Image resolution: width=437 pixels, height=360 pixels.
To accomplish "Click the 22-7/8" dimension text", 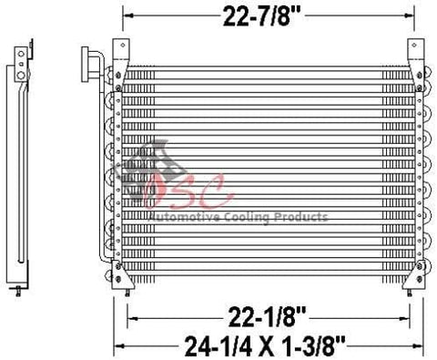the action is [x=261, y=16].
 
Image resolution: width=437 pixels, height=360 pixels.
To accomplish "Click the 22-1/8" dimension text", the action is [x=267, y=317].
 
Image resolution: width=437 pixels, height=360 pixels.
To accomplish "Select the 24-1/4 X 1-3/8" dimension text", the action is [x=265, y=346].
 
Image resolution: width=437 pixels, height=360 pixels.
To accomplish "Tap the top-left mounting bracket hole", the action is [x=123, y=46].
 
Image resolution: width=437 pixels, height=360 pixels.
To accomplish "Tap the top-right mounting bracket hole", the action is [x=414, y=46].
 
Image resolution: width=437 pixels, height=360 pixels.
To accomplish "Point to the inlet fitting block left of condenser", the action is [x=86, y=64].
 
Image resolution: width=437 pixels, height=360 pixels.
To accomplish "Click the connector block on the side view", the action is [x=21, y=64].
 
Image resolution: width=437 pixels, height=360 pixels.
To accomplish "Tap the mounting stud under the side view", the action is [x=18, y=291].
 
